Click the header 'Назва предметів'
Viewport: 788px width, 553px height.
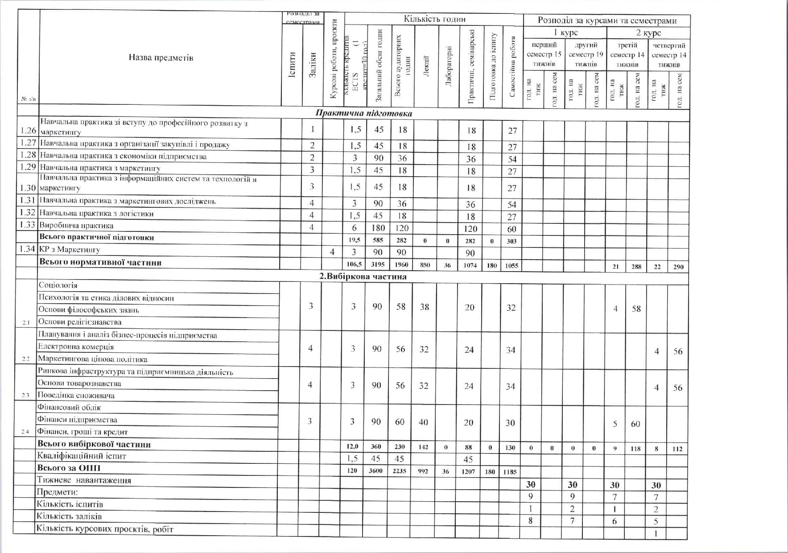tap(161, 58)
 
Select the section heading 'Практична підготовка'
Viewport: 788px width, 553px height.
tap(363, 113)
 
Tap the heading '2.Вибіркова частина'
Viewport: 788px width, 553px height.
tap(363, 276)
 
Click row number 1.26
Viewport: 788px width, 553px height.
tap(28, 130)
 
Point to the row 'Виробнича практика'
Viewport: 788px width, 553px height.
tap(76, 226)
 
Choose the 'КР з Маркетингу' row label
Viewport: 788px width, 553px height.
tap(70, 250)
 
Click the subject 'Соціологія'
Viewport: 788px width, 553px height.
tap(58, 285)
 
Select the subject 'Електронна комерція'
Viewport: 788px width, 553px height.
tap(76, 347)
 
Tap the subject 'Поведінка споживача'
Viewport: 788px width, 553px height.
tap(76, 396)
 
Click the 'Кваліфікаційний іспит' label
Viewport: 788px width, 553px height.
tap(82, 456)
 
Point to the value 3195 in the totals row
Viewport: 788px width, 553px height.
tap(377, 265)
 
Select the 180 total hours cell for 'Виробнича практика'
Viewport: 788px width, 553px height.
tap(378, 228)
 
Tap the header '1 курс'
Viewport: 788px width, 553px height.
tap(565, 33)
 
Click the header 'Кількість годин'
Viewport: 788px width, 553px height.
tap(434, 19)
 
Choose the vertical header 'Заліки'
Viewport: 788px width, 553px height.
tap(313, 65)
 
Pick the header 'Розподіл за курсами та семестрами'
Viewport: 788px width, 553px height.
tap(607, 21)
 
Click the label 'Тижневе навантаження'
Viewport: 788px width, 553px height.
tap(84, 481)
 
